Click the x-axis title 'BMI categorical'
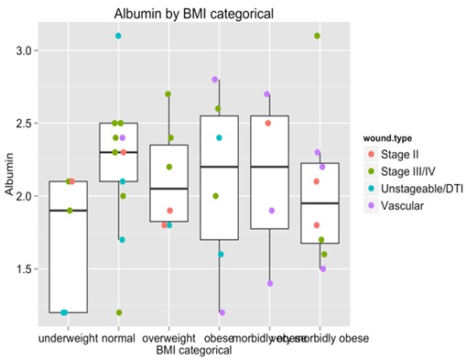194,349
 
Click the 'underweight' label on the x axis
68,337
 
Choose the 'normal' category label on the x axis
119,337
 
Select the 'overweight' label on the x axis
168,337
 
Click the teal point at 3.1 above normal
118,36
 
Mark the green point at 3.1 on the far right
317,36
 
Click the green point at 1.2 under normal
119,312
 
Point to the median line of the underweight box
68,210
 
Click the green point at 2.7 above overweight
168,93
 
